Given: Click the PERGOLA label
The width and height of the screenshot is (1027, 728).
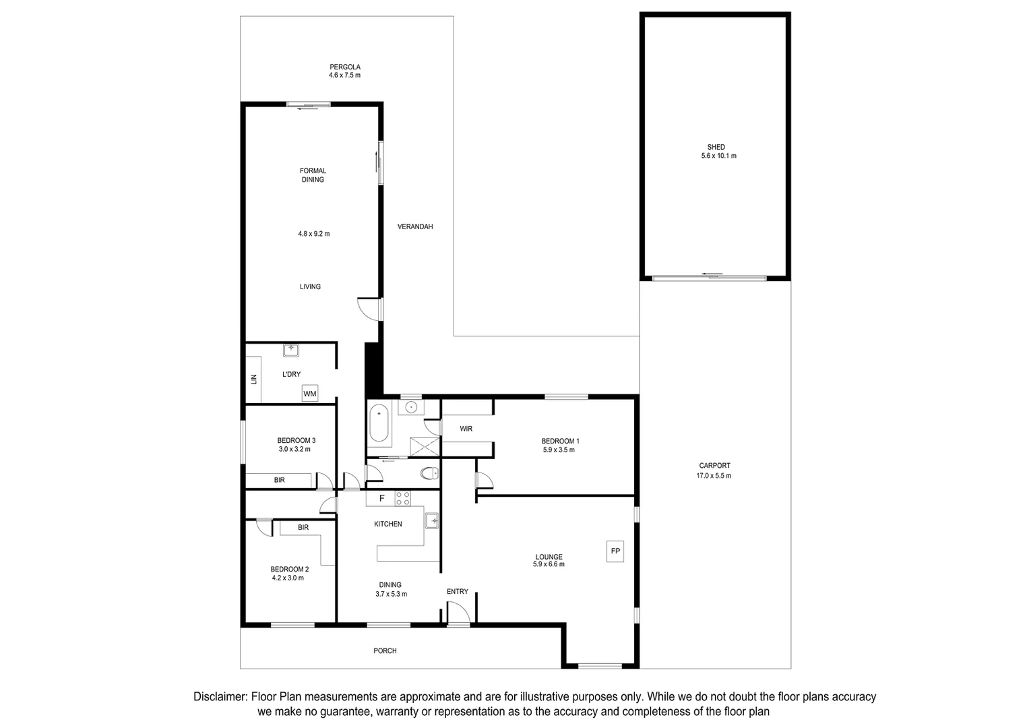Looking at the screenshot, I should [344, 67].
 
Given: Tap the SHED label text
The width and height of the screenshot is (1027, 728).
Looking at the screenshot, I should [716, 147].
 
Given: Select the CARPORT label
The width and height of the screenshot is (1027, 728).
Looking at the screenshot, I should [714, 466].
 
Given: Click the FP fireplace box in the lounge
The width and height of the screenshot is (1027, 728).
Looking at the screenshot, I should [615, 551].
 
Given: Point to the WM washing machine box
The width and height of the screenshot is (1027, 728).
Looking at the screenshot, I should [309, 394].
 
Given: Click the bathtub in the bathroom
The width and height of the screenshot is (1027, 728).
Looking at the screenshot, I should [379, 423].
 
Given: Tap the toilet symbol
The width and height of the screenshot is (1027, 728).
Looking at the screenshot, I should [429, 473].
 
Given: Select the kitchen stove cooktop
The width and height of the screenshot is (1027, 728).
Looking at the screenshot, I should [402, 499].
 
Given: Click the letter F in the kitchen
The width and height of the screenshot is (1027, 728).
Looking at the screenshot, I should [381, 499].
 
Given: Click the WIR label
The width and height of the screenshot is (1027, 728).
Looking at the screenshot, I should [466, 429].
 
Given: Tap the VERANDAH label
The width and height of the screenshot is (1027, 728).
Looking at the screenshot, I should [415, 226].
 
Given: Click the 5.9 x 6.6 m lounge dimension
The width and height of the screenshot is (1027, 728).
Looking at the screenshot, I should [549, 565].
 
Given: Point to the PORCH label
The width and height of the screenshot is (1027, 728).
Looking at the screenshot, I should [385, 651].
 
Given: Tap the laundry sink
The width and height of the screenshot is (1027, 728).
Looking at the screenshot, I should [291, 350].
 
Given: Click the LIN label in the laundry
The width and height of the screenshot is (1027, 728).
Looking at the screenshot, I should [254, 380].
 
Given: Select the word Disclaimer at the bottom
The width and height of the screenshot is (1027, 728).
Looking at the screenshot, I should [220, 697].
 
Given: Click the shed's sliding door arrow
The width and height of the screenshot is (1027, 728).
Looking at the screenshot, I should [712, 274].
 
